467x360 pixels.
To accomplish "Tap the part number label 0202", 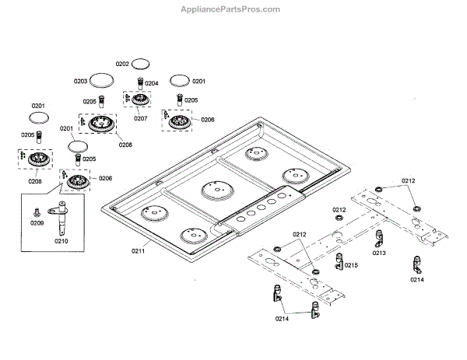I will click(x=122, y=64).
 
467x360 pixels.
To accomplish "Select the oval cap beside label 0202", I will click(x=140, y=62).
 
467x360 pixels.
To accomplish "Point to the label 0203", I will click(x=81, y=81).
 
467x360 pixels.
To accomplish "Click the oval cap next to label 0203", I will click(x=101, y=79).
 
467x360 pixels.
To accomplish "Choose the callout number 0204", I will click(x=151, y=83).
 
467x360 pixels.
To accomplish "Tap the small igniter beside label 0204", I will click(x=139, y=83).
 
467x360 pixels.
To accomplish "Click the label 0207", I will click(x=140, y=118).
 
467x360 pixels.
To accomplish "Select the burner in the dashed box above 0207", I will click(x=140, y=103).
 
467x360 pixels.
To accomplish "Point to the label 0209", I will click(x=37, y=222).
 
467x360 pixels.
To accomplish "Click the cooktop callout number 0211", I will click(x=138, y=250).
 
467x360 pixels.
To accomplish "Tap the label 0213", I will click(x=379, y=253).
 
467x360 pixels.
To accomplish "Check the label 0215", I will click(x=351, y=265).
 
